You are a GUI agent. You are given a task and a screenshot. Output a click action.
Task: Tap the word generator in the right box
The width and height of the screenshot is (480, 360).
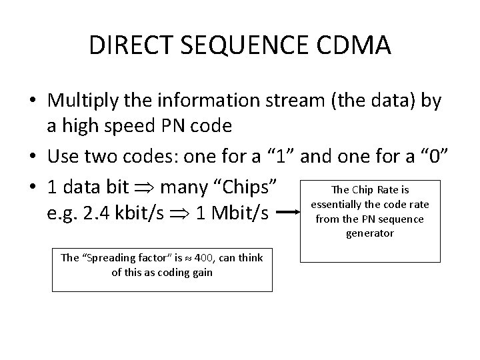coord(369,233)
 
